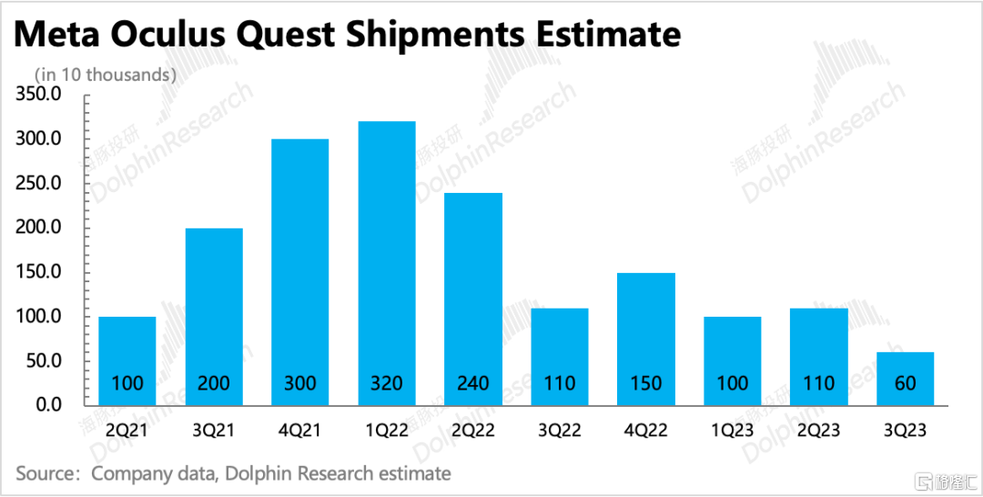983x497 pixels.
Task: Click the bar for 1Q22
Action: point(387,263)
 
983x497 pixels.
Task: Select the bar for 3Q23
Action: point(906,379)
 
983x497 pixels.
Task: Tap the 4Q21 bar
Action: point(300,272)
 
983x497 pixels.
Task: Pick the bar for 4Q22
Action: point(646,339)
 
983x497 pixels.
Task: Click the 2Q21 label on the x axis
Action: point(127,431)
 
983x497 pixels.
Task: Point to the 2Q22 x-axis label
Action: point(473,431)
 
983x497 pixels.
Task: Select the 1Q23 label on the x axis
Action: point(733,431)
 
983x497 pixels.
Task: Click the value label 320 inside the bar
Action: point(387,383)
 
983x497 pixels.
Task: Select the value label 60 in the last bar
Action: point(906,383)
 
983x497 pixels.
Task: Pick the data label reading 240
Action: point(473,383)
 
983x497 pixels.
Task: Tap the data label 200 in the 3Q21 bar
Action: point(214,383)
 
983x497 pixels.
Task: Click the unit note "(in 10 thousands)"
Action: point(104,76)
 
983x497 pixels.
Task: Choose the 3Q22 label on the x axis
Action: point(560,431)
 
